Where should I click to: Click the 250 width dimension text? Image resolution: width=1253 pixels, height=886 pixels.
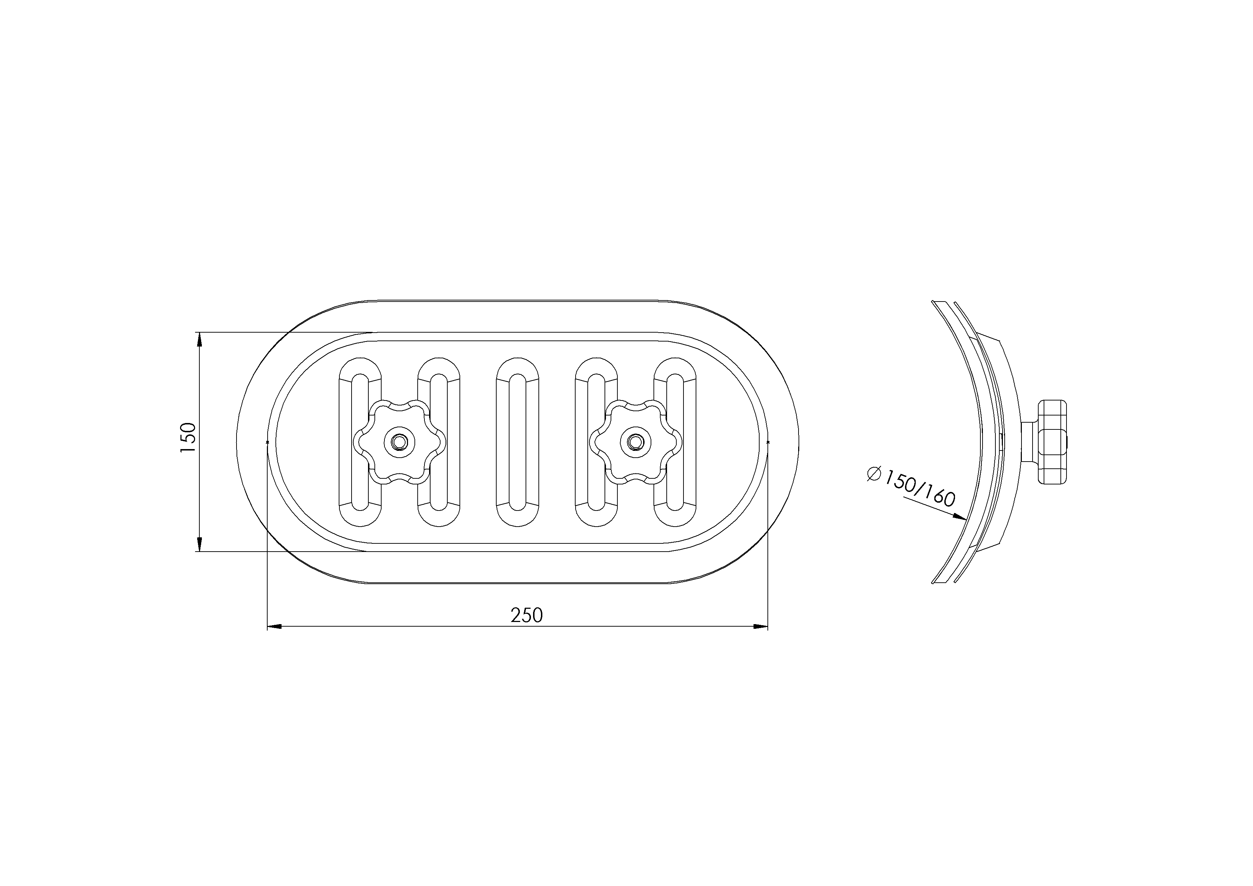[527, 616]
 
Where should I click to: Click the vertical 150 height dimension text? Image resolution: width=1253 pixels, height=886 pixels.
[187, 437]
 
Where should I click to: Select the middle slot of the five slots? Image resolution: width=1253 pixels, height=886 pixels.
[517, 442]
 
